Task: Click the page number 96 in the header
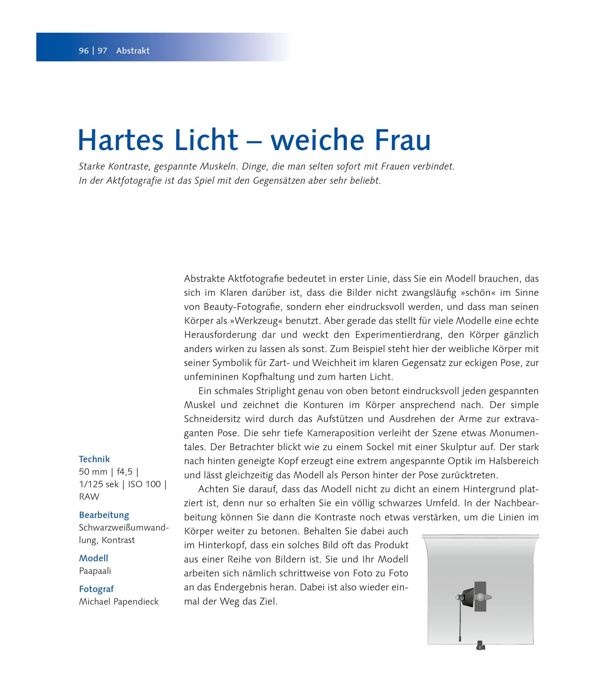(84, 51)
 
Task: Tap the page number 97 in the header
(102, 51)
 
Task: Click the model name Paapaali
(95, 571)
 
